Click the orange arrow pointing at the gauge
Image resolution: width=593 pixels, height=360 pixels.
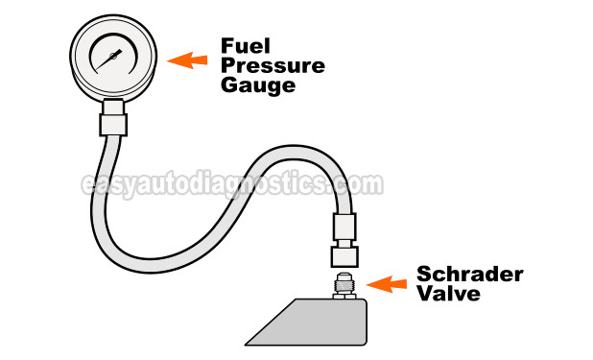[188, 60]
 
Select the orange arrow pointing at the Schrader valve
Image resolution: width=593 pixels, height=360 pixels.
[390, 284]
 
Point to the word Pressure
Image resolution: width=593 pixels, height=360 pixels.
[273, 65]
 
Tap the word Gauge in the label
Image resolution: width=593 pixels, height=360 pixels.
[254, 85]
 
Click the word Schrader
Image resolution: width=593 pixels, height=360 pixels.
[469, 276]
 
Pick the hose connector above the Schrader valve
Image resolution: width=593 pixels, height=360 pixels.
[345, 240]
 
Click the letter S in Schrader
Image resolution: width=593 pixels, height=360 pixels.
[423, 276]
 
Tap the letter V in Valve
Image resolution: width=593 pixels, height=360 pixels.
[423, 295]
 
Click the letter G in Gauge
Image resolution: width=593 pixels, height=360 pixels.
[228, 85]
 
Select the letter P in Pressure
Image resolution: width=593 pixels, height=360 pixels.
[228, 65]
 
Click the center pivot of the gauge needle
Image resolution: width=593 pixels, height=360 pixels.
[112, 59]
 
